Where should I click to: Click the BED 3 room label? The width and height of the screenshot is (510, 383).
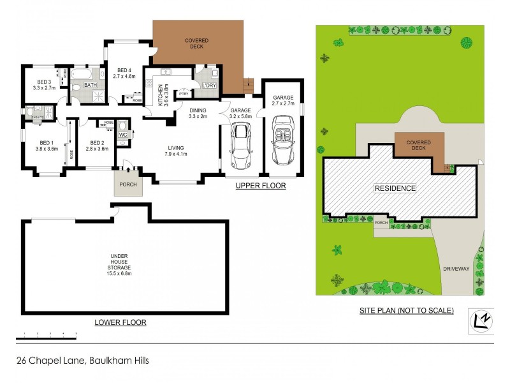click(x=43, y=82)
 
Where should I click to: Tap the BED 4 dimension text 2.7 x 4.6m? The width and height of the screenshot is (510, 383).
click(x=125, y=76)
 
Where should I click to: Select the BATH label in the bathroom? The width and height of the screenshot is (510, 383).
click(x=91, y=85)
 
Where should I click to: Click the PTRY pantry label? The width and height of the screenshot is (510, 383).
click(x=184, y=94)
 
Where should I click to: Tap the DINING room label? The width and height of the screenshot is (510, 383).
click(x=198, y=110)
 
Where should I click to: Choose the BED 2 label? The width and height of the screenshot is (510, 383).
click(x=97, y=142)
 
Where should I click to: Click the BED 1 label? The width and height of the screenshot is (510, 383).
click(x=47, y=142)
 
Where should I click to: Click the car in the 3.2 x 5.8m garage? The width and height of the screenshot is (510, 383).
click(x=240, y=145)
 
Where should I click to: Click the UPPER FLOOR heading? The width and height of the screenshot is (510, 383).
click(x=260, y=186)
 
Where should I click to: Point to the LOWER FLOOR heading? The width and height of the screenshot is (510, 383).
click(x=120, y=322)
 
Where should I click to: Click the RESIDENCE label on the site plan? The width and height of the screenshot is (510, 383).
click(x=395, y=188)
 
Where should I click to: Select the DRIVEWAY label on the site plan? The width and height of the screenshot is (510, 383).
click(x=456, y=269)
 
